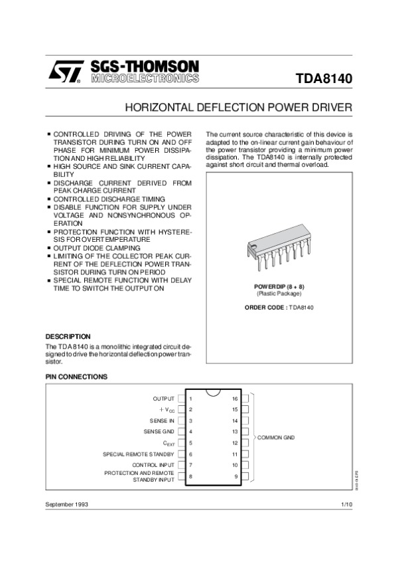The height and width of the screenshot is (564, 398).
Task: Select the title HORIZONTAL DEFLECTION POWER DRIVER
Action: pyautogui.click(x=239, y=107)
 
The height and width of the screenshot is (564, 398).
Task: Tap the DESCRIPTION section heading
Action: pyautogui.click(x=68, y=337)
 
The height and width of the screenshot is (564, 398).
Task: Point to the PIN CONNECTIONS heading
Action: pyautogui.click(x=76, y=377)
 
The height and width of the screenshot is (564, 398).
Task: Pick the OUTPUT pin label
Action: pyautogui.click(x=164, y=399)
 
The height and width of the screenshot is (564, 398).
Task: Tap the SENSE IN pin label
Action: pyautogui.click(x=163, y=421)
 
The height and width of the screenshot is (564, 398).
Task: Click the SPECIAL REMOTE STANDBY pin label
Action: pyautogui.click(x=139, y=454)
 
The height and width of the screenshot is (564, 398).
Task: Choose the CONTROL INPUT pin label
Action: pyautogui.click(x=153, y=465)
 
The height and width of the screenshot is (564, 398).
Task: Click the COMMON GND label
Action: pyautogui.click(x=275, y=438)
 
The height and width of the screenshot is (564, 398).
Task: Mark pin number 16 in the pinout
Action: pyautogui.click(x=235, y=399)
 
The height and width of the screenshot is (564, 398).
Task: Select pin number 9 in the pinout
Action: pyautogui.click(x=235, y=476)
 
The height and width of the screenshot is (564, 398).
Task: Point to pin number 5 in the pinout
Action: pyautogui.click(x=191, y=442)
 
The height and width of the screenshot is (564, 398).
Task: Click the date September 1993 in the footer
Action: pyautogui.click(x=66, y=505)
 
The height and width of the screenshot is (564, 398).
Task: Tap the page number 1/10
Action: pyautogui.click(x=346, y=505)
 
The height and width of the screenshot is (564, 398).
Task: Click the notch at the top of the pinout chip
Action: pyautogui.click(x=212, y=390)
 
